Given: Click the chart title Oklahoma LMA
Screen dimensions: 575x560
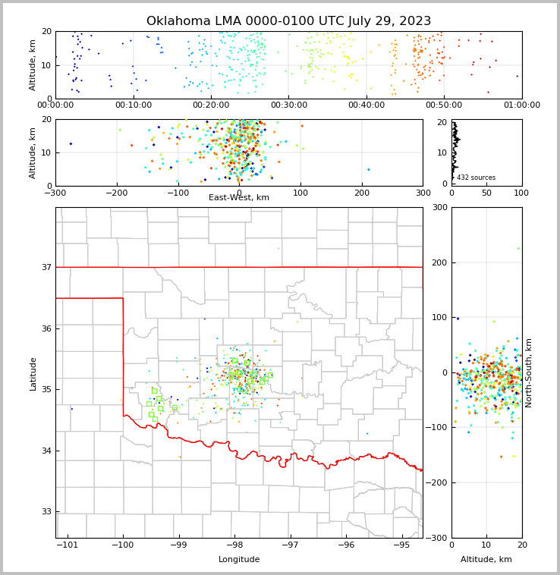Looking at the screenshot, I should pos(288,21).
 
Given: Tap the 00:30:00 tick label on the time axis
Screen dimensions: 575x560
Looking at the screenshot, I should pos(288,105).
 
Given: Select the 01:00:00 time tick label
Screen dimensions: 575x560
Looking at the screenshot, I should pos(521,105).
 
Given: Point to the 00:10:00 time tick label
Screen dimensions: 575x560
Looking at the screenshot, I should pos(133,105).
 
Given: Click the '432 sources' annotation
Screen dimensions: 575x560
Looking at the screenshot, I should pos(476,178).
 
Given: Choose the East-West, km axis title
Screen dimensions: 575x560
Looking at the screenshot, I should pos(238,198).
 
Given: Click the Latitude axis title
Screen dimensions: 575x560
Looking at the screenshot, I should pos(33,373).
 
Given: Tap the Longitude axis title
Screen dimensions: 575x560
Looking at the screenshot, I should pos(239,560).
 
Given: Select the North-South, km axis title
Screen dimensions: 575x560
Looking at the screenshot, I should pos(530,372).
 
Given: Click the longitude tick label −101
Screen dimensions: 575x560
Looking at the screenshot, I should pos(67,545).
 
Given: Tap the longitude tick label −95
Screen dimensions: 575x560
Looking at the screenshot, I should pos(401,545).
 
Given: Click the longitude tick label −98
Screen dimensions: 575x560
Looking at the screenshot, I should pos(234,545).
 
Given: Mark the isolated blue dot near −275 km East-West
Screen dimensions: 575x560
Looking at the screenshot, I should pos(71,143).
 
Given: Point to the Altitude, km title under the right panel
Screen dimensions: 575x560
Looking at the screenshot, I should pos(486,560).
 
